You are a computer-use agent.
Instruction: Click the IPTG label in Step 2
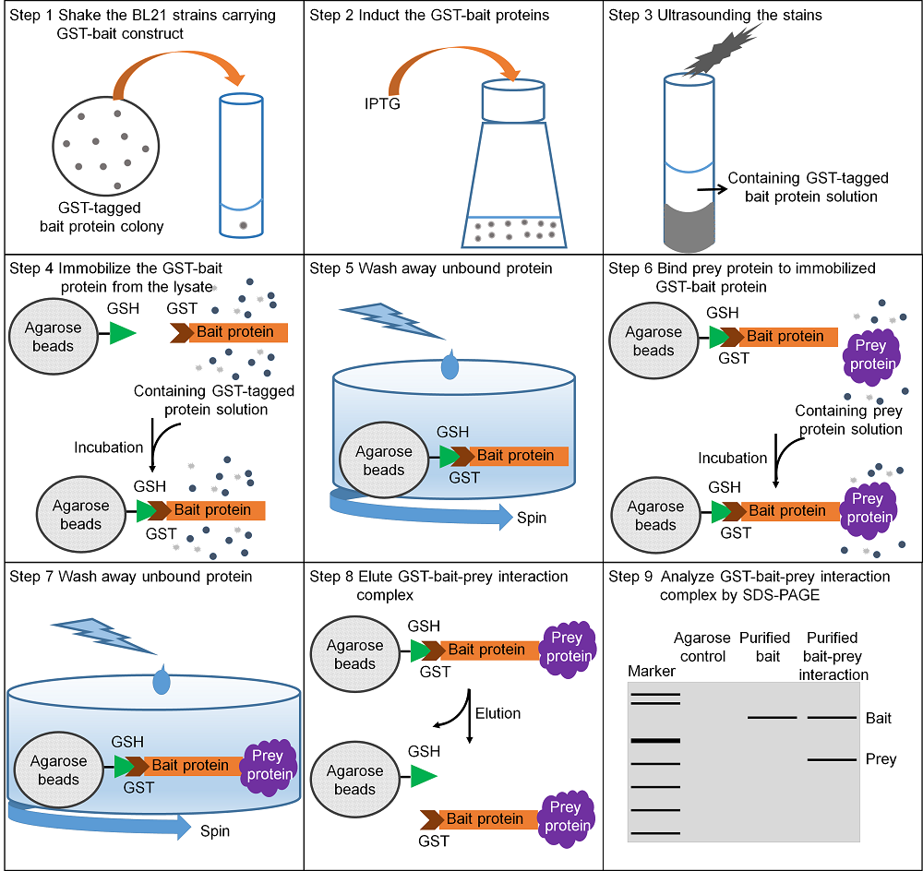click(382, 103)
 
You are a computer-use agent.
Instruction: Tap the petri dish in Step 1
click(106, 146)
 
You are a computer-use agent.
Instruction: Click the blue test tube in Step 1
click(241, 165)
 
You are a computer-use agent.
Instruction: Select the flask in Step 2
click(513, 163)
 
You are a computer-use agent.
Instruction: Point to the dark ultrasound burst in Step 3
click(721, 51)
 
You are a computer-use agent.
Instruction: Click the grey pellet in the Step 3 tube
click(689, 226)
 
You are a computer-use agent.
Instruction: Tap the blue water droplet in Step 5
click(450, 364)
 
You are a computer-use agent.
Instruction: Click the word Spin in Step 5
click(532, 518)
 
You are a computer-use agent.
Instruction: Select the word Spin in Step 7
click(215, 831)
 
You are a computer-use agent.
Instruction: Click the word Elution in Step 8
click(498, 713)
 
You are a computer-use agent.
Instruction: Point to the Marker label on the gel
click(652, 671)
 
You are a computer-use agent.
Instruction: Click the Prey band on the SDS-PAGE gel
click(832, 759)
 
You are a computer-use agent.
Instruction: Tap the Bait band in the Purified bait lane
click(772, 718)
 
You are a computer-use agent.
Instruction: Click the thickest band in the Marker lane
click(655, 740)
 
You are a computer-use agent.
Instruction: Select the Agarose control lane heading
click(702, 647)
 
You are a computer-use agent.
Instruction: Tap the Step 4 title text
click(116, 277)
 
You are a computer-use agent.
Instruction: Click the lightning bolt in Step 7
click(104, 636)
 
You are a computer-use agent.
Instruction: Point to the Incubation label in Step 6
click(732, 458)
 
